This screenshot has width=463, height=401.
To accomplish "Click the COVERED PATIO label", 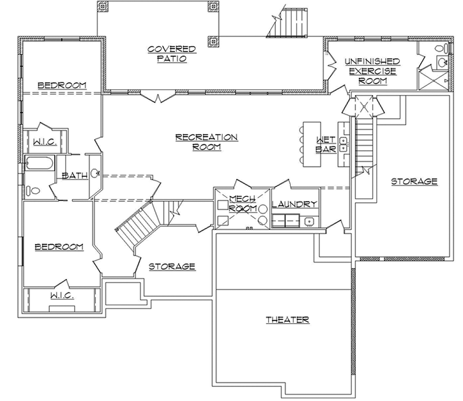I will pyautogui.click(x=171, y=54).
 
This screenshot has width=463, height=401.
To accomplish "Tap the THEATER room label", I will pyautogui.click(x=287, y=319).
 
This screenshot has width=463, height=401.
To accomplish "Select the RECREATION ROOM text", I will pyautogui.click(x=206, y=142).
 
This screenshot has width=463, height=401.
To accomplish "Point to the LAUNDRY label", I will pyautogui.click(x=294, y=204).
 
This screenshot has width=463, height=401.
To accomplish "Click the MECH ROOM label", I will pyautogui.click(x=242, y=204).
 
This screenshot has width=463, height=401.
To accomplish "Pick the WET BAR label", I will pyautogui.click(x=326, y=145).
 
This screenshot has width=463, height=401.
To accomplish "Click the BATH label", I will pyautogui.click(x=74, y=176).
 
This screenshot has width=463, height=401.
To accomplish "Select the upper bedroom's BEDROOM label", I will pyautogui.click(x=61, y=85).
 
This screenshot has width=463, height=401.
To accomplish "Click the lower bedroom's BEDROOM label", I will pyautogui.click(x=59, y=246).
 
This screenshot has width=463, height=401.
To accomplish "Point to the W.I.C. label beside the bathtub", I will pyautogui.click(x=43, y=142).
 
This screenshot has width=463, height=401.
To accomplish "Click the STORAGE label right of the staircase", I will pyautogui.click(x=414, y=181).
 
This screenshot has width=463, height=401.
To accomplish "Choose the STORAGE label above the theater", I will pyautogui.click(x=172, y=266).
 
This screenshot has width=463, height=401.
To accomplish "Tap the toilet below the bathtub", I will pyautogui.click(x=35, y=190).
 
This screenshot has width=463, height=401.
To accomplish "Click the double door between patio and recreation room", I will pyautogui.click(x=156, y=96).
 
